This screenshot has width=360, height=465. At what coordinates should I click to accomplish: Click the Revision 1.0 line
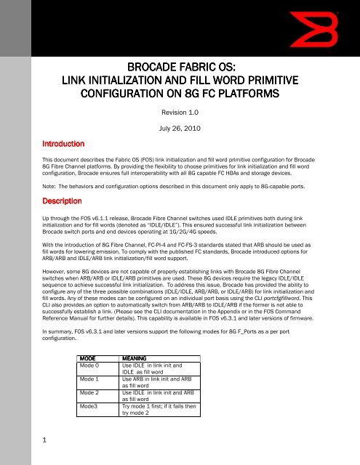click(180, 113)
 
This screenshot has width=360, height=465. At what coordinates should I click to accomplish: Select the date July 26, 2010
click(180, 132)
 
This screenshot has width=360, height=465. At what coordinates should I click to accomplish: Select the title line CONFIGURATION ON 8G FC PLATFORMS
click(180, 97)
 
